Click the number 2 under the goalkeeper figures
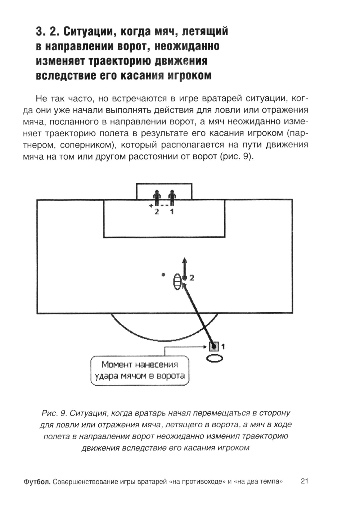[157, 212]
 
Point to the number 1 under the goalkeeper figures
[172, 212]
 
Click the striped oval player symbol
[177, 282]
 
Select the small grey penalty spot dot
[163, 275]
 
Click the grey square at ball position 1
[214, 346]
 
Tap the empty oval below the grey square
[215, 358]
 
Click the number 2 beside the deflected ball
[192, 278]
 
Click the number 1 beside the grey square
[223, 347]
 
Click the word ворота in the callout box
[171, 376]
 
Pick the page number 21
[304, 481]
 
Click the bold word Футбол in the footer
[37, 482]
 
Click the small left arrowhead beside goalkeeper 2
[152, 206]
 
